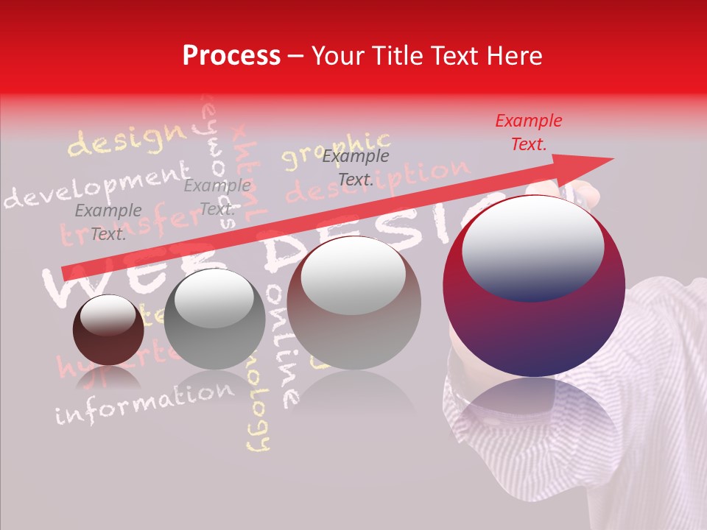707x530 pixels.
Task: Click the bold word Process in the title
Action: coord(231,56)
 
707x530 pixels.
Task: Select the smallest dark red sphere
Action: coord(108,329)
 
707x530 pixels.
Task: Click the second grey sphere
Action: coord(214,319)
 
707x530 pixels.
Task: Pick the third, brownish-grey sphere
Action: coord(353,303)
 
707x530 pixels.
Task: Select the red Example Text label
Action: coord(528,132)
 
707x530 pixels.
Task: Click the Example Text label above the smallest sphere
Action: coord(108,222)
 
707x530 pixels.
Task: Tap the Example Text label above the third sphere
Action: coord(355,168)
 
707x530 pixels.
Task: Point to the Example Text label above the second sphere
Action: coord(217,197)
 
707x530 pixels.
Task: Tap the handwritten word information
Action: coord(144,403)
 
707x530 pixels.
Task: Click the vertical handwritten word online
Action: coord(284,346)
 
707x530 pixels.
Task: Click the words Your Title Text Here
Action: coord(426,56)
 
